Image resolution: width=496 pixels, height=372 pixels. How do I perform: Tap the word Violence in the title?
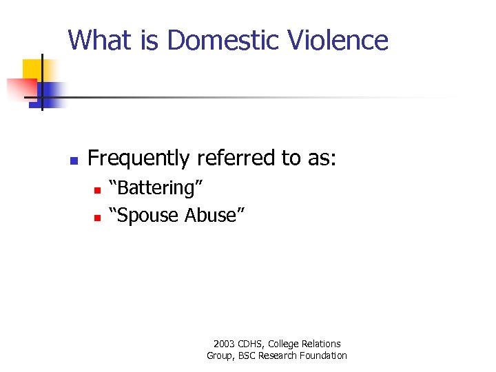point(347,40)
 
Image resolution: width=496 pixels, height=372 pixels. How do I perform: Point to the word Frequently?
point(138,158)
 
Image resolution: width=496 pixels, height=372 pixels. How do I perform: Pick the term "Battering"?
point(159,188)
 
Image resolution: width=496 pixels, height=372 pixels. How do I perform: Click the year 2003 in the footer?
point(225,344)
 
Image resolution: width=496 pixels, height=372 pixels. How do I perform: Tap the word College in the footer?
point(285,344)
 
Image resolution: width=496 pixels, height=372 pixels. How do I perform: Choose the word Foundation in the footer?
point(324,355)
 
